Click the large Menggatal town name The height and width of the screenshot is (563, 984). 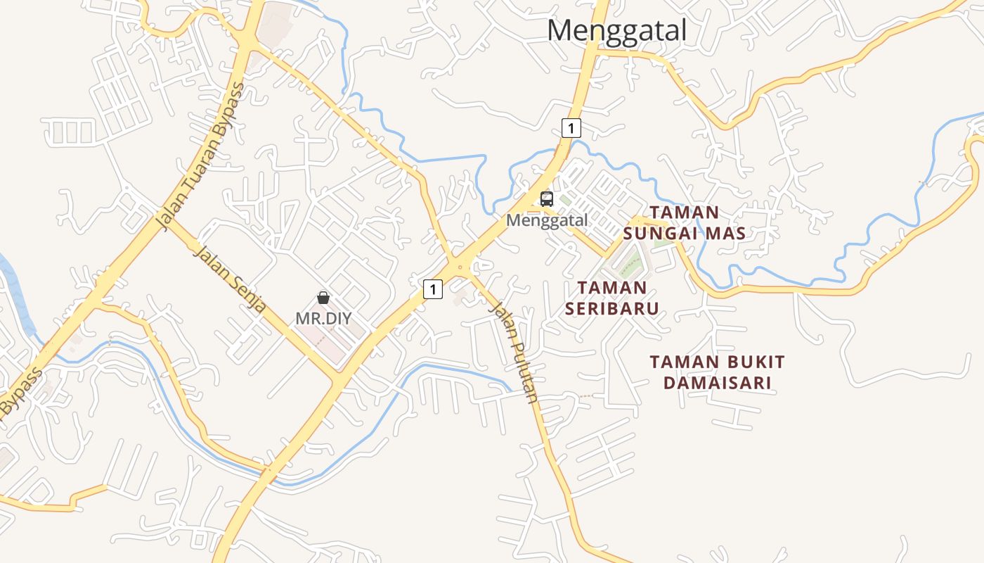point(616,31)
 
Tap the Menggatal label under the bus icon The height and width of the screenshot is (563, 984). point(547,220)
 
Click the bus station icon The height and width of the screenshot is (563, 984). point(547,198)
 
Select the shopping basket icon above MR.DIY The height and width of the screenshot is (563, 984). point(323,298)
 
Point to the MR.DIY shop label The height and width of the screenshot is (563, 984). point(323,318)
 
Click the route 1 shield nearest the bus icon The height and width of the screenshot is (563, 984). point(572,128)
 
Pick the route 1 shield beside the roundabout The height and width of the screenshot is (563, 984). point(433,289)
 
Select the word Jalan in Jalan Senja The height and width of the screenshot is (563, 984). point(209,260)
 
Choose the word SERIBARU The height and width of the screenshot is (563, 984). point(612,308)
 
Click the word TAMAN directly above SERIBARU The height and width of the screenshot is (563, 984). point(611,288)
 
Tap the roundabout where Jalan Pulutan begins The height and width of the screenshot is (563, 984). point(459,267)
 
